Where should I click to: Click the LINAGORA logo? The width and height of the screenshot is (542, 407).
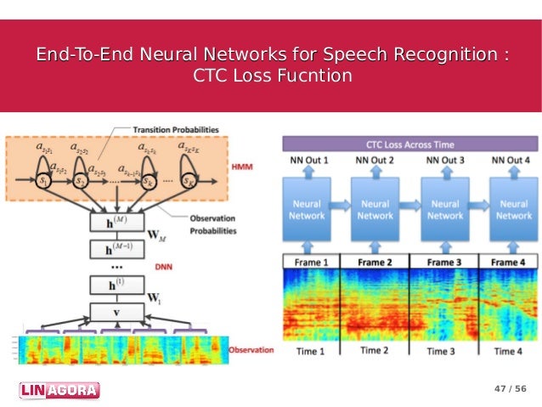pyautogui.click(x=59, y=390)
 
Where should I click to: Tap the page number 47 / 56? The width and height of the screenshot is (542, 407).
pyautogui.click(x=510, y=389)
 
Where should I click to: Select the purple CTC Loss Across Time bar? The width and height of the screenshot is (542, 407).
pyautogui.click(x=410, y=144)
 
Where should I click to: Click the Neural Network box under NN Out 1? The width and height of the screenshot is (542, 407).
pyautogui.click(x=307, y=210)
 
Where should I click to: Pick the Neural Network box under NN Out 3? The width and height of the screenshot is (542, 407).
pyautogui.click(x=444, y=210)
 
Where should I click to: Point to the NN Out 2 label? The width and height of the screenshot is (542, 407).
pyautogui.click(x=375, y=160)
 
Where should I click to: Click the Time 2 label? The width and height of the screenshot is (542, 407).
pyautogui.click(x=375, y=350)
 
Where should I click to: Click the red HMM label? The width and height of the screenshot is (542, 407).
pyautogui.click(x=241, y=167)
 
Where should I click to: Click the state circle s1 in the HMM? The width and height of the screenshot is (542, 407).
pyautogui.click(x=42, y=181)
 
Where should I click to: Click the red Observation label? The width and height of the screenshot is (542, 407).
pyautogui.click(x=251, y=349)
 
